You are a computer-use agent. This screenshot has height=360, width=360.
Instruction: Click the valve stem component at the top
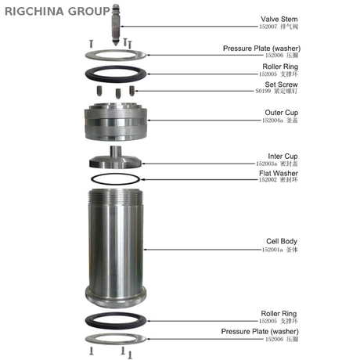[x=116, y=23]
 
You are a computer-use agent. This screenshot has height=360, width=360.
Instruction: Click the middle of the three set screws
[x=117, y=94]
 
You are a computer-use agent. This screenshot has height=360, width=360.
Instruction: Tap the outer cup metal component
[x=117, y=121]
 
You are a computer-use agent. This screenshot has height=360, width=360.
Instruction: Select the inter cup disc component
[x=117, y=161]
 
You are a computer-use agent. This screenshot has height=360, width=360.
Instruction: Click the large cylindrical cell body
[x=117, y=247]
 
